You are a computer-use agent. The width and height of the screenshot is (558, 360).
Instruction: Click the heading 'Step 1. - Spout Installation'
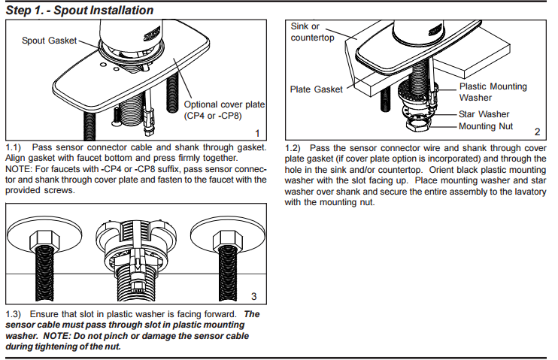79,11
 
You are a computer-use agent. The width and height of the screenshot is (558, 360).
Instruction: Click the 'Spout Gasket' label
50,40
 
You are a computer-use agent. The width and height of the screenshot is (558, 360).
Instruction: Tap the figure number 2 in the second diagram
537,132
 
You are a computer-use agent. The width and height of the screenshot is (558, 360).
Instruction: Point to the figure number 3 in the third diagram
253,295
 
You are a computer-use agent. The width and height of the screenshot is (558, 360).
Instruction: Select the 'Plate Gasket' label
316,89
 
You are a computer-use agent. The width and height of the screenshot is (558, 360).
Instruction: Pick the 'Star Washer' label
484,113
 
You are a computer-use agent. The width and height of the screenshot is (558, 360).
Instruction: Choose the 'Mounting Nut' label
486,126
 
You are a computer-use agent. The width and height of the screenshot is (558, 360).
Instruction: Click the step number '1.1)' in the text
15,147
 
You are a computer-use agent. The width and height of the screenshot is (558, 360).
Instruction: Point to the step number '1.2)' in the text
295,148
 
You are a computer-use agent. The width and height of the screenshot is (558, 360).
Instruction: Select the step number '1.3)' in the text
15,313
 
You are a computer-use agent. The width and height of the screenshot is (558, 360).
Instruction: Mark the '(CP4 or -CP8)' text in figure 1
214,116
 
